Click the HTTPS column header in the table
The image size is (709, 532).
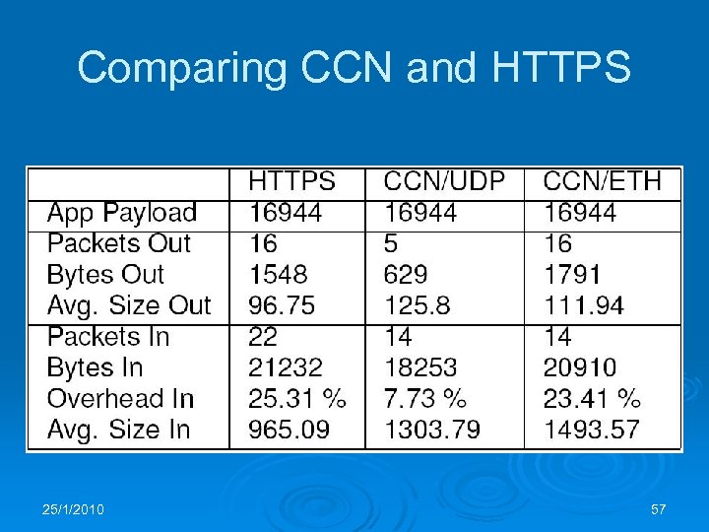(291, 181)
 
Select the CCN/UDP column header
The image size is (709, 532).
(444, 181)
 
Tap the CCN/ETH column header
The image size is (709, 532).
(602, 181)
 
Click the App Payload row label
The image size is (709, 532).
(122, 213)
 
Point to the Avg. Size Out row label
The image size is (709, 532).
(129, 305)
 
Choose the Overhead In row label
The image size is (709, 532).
(120, 399)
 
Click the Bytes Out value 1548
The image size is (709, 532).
(278, 275)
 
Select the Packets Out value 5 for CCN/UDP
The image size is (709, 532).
(391, 243)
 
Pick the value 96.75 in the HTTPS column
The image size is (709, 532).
(282, 305)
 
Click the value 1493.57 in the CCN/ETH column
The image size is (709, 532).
(591, 430)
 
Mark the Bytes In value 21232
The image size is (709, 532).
(285, 367)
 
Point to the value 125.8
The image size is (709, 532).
(417, 305)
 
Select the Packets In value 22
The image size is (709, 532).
(263, 337)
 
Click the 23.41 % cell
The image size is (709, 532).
(592, 399)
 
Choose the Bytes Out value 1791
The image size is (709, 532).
(572, 275)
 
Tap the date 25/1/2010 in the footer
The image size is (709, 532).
(74, 509)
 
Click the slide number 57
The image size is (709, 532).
(659, 509)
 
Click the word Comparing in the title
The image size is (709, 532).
(182, 68)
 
